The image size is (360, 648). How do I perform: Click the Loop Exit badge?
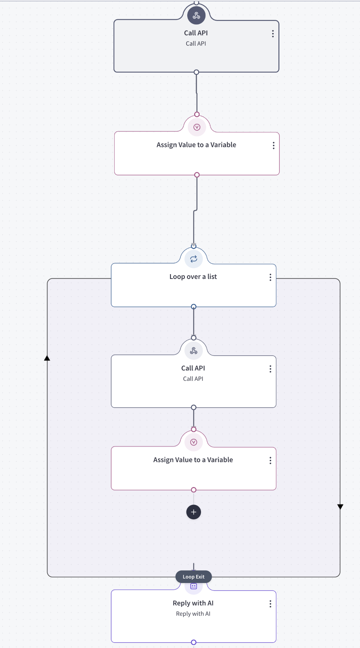[x=193, y=577]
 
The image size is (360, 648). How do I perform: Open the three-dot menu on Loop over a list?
[x=271, y=277]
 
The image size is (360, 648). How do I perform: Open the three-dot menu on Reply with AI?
[x=271, y=604]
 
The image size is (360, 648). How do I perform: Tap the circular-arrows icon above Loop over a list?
[x=194, y=259]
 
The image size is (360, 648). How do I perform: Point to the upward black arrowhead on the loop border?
[x=47, y=358]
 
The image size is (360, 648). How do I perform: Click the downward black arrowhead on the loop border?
[x=340, y=507]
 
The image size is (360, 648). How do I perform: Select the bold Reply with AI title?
[x=193, y=603]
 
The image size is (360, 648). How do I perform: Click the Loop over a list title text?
[x=193, y=277]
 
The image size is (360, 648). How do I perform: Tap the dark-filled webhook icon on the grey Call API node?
[x=196, y=15]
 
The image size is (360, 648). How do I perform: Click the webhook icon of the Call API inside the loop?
[x=194, y=350]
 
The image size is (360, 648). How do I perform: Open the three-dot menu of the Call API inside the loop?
[x=271, y=369]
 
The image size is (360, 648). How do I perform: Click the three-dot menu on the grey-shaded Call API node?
[x=273, y=34]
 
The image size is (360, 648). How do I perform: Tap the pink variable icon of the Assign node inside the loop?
[x=194, y=442]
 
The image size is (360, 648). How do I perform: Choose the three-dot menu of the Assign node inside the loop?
[x=271, y=461]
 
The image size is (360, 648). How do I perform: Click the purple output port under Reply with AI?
[x=194, y=642]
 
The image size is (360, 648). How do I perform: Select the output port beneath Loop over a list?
[x=194, y=307]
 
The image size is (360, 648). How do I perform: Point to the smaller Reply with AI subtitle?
[x=193, y=614]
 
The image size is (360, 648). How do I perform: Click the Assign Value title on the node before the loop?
[x=196, y=145]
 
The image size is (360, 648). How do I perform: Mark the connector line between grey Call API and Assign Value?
[x=197, y=93]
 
